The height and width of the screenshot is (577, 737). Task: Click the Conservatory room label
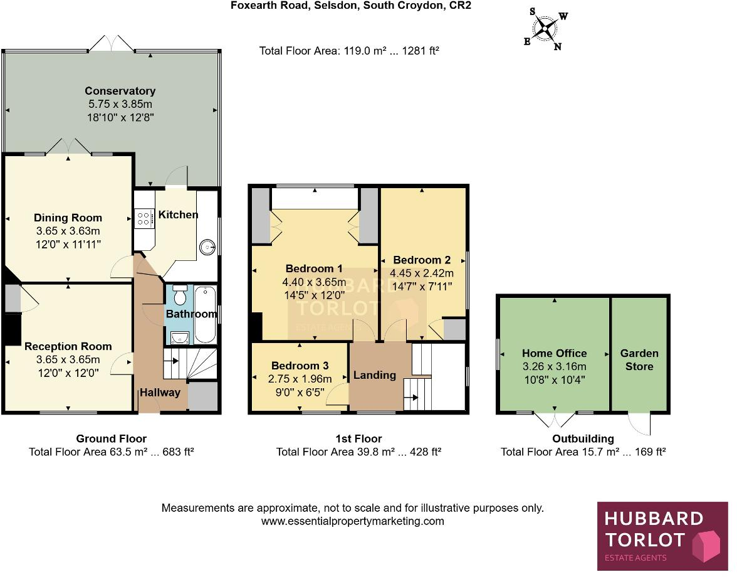(x=120, y=91)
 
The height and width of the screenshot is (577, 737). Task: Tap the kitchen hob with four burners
(x=144, y=218)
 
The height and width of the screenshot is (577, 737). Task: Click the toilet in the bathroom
(x=180, y=295)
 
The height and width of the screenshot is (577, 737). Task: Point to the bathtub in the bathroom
(x=205, y=314)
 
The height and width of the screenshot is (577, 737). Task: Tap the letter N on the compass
(x=557, y=46)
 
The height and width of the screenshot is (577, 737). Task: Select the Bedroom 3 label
(x=300, y=366)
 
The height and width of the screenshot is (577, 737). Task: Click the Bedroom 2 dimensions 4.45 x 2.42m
(x=422, y=273)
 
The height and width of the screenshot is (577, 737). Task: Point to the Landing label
(x=374, y=375)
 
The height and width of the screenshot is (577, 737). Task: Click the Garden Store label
(x=639, y=360)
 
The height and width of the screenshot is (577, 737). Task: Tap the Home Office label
(x=554, y=354)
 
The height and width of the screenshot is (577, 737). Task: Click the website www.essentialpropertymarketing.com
(x=352, y=521)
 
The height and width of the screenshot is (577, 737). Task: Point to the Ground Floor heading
(x=111, y=439)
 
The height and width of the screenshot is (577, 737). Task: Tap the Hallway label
(x=160, y=393)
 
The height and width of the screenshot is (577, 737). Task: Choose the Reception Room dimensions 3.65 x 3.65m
(x=68, y=359)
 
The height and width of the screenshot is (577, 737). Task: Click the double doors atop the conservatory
(x=112, y=43)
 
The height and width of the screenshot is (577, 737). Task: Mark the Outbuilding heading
(x=583, y=439)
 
